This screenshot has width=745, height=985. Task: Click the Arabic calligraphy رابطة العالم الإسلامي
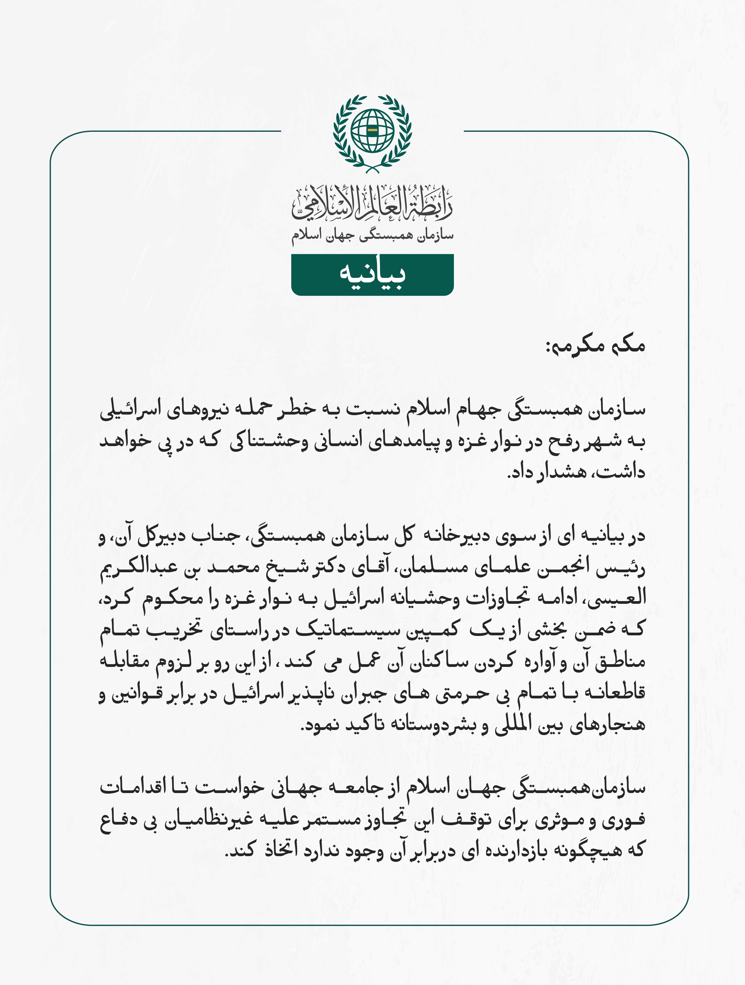[x=372, y=204]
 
